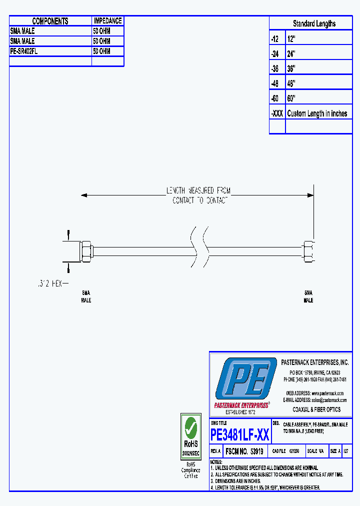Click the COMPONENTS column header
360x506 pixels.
click(50, 21)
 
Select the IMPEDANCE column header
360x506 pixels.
click(107, 21)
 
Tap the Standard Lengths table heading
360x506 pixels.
click(314, 23)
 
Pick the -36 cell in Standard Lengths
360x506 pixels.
click(277, 68)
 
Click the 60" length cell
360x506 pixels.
click(291, 98)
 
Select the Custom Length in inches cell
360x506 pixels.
click(317, 113)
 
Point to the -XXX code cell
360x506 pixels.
click(277, 113)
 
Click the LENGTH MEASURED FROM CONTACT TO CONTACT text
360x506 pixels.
click(198, 195)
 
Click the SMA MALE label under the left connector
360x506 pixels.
click(86, 296)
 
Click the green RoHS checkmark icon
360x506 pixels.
click(190, 427)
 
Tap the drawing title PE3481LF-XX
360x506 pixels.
click(240, 435)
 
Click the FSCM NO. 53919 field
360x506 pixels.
click(244, 451)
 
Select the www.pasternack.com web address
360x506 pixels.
click(328, 393)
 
